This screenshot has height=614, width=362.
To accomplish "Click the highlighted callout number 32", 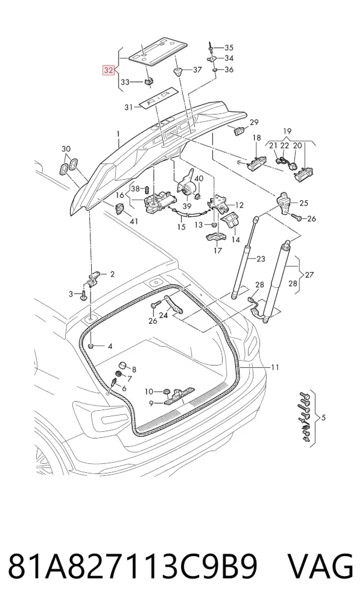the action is point(108,71).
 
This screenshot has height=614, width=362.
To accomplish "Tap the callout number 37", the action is point(197,70).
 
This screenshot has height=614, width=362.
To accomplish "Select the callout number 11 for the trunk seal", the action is point(275,367).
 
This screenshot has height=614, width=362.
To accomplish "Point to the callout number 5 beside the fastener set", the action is point(323,417).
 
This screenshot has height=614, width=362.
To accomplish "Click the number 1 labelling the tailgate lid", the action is point(118,135).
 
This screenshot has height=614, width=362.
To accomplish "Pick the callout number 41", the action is point(133,221).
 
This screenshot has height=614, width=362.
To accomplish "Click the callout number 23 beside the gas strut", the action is point(261,259).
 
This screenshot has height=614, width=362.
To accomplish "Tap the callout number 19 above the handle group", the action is point(287,131).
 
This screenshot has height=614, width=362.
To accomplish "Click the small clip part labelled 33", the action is point(148,81).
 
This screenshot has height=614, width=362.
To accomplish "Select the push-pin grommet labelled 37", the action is point(179,72).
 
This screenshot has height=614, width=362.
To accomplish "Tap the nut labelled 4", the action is point(91,346).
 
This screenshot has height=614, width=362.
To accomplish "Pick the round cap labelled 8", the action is point(122,366).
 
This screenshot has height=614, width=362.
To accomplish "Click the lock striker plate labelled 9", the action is point(179,396).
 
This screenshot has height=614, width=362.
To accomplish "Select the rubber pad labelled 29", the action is point(239,131).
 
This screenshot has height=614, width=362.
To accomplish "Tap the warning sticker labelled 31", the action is point(157,99).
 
